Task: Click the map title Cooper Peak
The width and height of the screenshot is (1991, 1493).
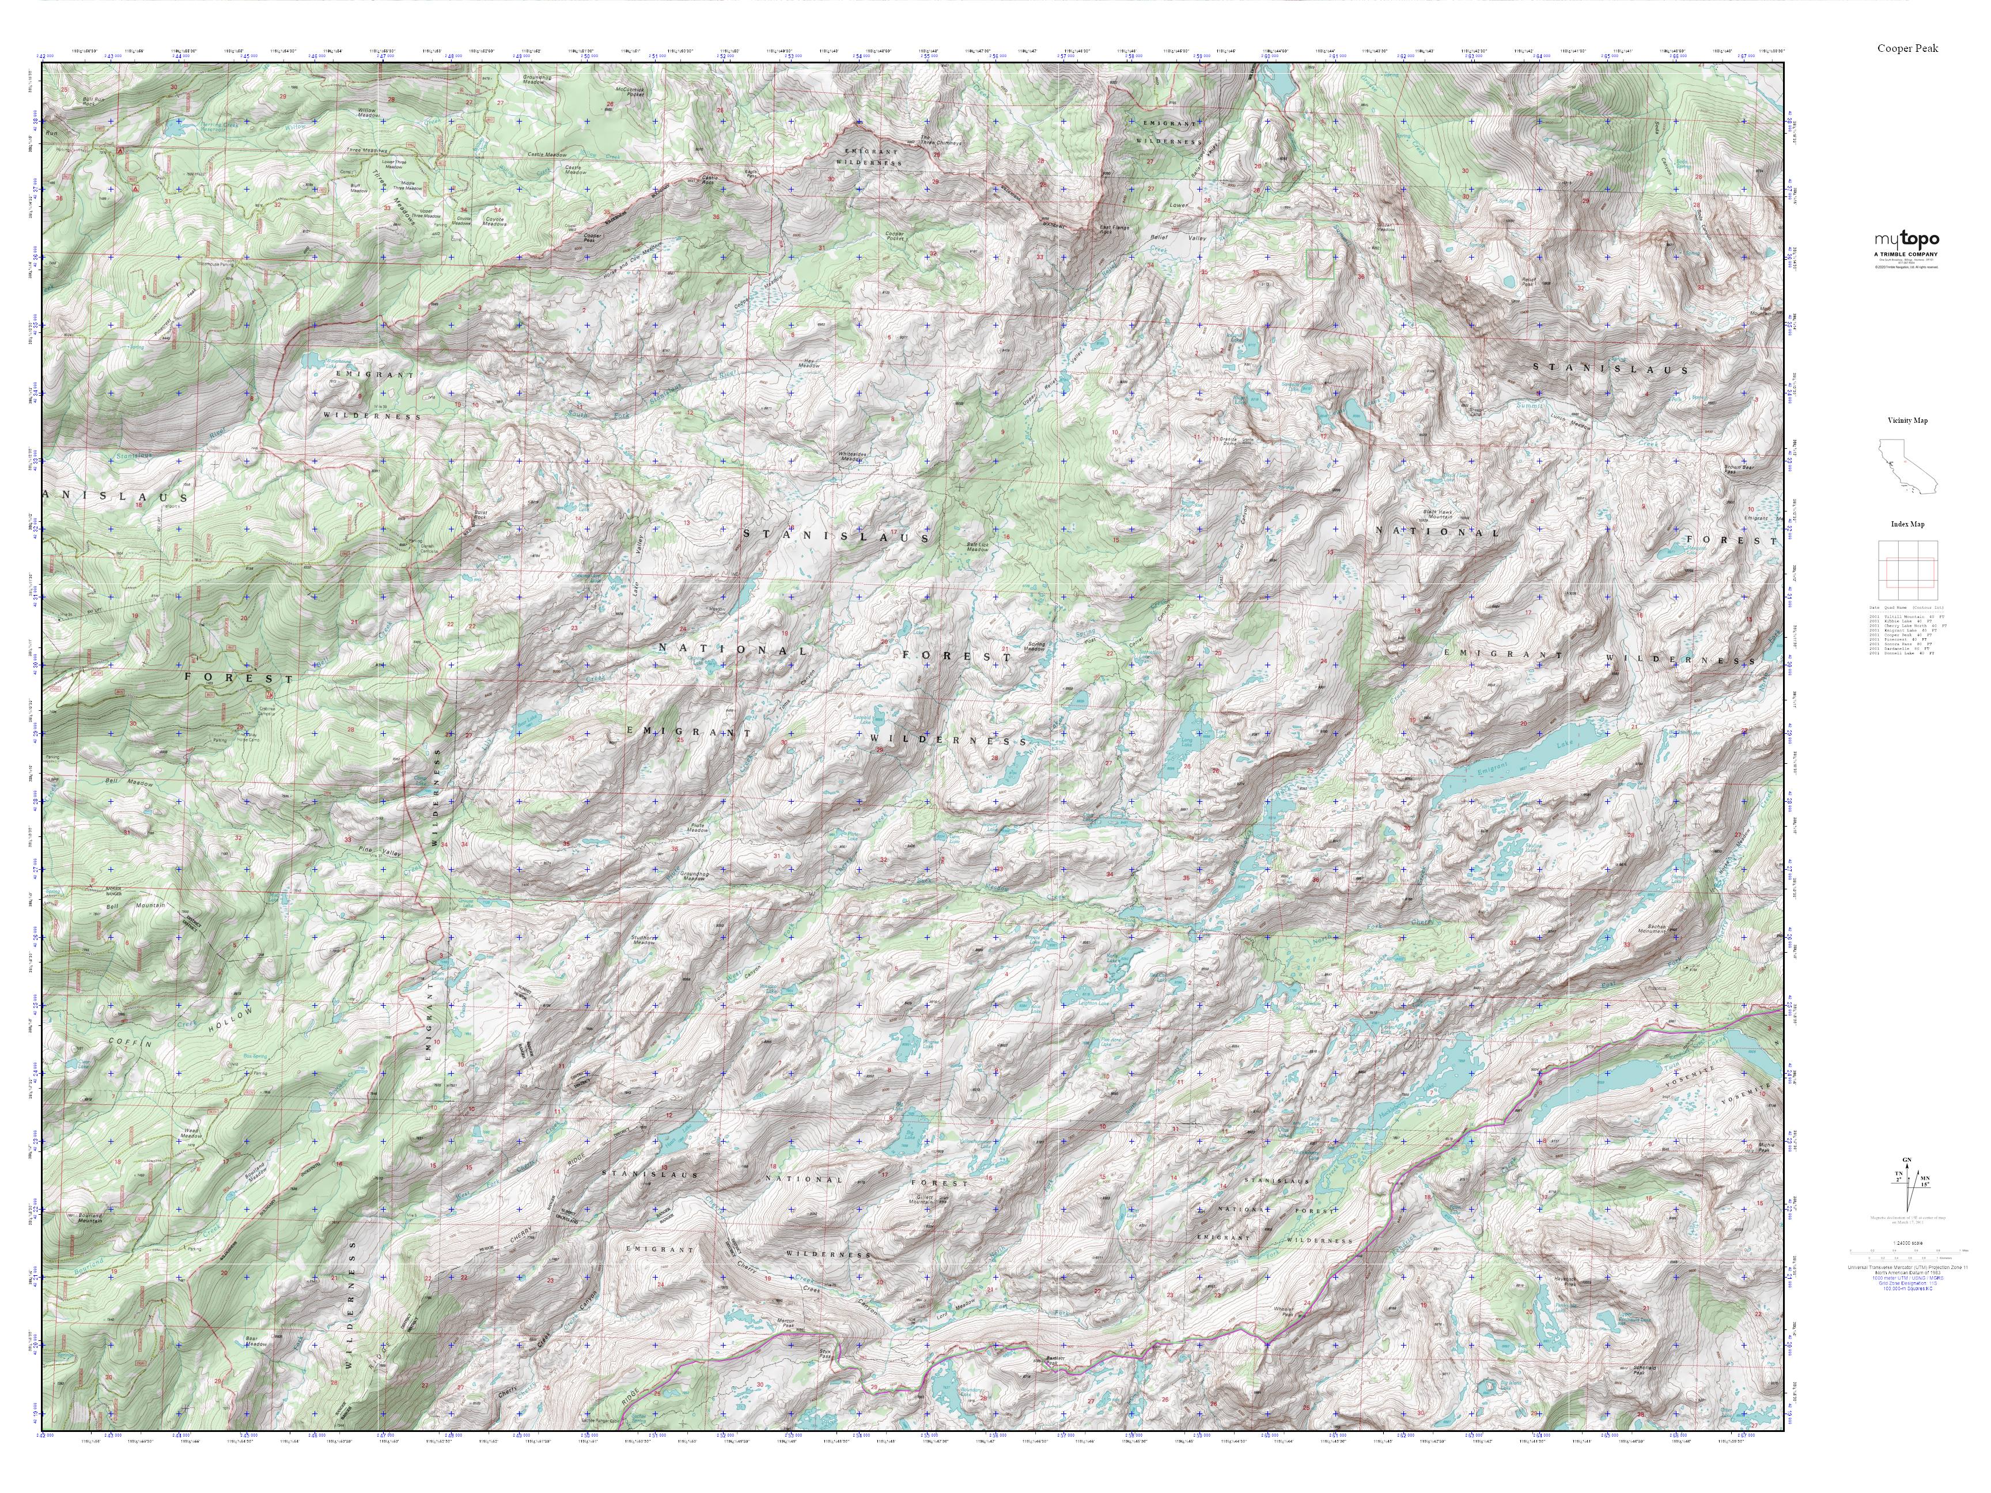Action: pos(1906,48)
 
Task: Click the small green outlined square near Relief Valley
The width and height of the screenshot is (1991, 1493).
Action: pos(1319,263)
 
